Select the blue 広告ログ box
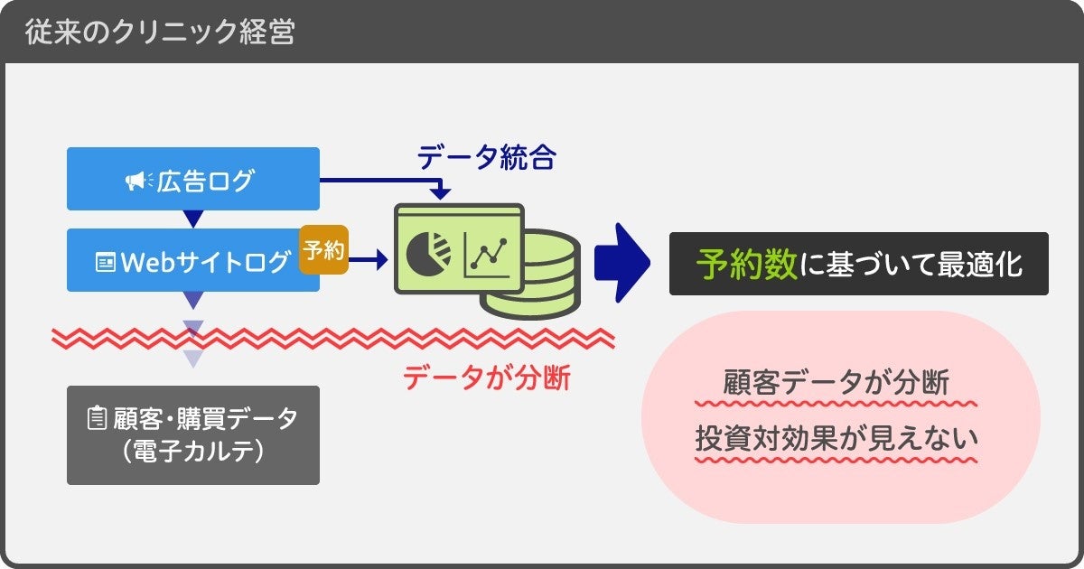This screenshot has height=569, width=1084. click(x=193, y=180)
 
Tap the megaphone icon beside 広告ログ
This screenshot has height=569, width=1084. click(x=139, y=182)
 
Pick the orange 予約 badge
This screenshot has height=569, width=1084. click(x=323, y=249)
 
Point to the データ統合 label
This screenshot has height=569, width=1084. click(x=486, y=159)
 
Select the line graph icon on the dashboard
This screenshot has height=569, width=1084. click(x=489, y=257)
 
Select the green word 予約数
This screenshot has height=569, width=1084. click(x=746, y=264)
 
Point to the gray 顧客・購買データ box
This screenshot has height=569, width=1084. click(x=193, y=434)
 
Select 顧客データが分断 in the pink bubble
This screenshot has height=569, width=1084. click(x=836, y=383)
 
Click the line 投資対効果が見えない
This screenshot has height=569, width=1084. click(x=836, y=438)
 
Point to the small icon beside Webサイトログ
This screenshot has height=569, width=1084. click(x=106, y=263)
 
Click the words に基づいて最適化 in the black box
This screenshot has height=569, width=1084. click(x=912, y=264)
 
